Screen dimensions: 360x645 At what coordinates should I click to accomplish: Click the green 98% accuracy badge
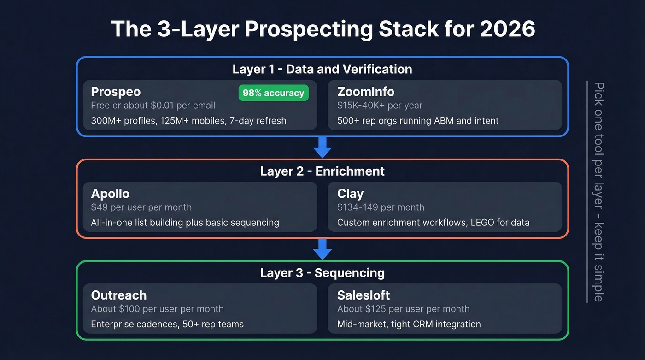pyautogui.click(x=273, y=93)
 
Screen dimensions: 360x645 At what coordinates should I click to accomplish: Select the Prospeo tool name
pyautogui.click(x=115, y=92)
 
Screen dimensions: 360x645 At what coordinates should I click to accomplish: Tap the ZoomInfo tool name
pyautogui.click(x=366, y=92)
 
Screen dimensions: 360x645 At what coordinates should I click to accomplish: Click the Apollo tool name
pyautogui.click(x=110, y=193)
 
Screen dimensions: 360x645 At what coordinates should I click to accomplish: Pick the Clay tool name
pyautogui.click(x=350, y=194)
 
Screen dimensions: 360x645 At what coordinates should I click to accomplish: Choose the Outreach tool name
pyautogui.click(x=118, y=295)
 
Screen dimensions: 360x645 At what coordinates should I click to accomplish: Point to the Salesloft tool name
pyautogui.click(x=364, y=295)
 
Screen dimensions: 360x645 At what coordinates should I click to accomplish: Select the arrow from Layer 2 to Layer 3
pyautogui.click(x=322, y=249)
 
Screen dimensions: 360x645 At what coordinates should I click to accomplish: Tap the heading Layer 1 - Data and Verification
pyautogui.click(x=322, y=69)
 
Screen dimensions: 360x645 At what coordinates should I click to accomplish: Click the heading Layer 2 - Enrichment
pyautogui.click(x=322, y=171)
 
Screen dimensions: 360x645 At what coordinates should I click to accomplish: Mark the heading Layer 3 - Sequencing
pyautogui.click(x=322, y=272)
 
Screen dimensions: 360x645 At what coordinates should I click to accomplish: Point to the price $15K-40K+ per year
pyautogui.click(x=380, y=106)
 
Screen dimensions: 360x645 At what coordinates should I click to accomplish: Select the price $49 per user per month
pyautogui.click(x=141, y=207)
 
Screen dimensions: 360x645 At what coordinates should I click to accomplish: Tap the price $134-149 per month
pyautogui.click(x=381, y=207)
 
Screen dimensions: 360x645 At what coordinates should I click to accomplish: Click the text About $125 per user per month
pyautogui.click(x=403, y=309)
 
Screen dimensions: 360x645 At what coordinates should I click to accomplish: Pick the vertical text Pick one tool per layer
pyautogui.click(x=598, y=138)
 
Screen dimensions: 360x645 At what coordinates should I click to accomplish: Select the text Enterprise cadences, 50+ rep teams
pyautogui.click(x=167, y=324)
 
